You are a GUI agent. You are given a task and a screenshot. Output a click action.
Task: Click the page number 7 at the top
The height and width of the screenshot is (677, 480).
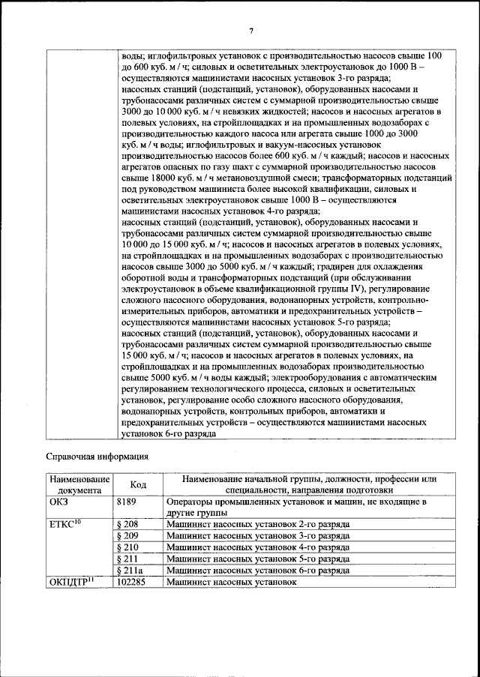coord(252,29)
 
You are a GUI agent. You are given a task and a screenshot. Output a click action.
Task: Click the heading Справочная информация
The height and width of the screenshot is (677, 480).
coord(96,455)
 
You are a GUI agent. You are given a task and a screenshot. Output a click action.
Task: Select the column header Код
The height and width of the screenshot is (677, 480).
coord(138,484)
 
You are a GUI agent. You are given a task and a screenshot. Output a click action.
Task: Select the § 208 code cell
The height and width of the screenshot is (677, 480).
coord(130,525)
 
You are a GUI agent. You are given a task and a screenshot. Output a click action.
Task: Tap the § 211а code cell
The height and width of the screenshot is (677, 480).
coord(132,570)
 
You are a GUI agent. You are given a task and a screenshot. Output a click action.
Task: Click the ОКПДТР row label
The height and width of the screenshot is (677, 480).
coord(70,582)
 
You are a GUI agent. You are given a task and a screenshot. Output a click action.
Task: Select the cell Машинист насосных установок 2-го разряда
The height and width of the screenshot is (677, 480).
coord(257,525)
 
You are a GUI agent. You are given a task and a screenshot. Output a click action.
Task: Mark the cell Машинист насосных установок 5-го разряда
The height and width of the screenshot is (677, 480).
coord(257,559)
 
